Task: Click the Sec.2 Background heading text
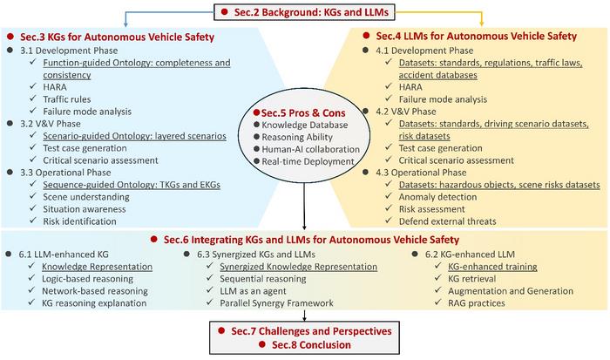tap(311, 12)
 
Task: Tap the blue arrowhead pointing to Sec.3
tap(125, 24)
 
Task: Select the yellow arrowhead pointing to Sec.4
tap(482, 24)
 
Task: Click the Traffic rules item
tap(67, 99)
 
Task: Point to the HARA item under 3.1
tap(55, 87)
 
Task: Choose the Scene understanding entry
tap(86, 197)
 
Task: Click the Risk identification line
tap(80, 221)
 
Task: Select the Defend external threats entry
tap(447, 221)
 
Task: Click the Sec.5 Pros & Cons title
tap(303, 112)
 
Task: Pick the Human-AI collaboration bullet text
tap(310, 149)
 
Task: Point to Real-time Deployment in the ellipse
tap(308, 161)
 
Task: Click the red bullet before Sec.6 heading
tap(154, 239)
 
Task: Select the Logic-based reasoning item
tap(87, 279)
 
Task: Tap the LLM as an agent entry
tap(253, 291)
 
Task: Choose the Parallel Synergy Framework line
tap(276, 302)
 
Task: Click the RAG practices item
tap(477, 302)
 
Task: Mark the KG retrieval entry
tap(472, 279)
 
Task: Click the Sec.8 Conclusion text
tap(311, 345)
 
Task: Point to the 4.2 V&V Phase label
tap(406, 112)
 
